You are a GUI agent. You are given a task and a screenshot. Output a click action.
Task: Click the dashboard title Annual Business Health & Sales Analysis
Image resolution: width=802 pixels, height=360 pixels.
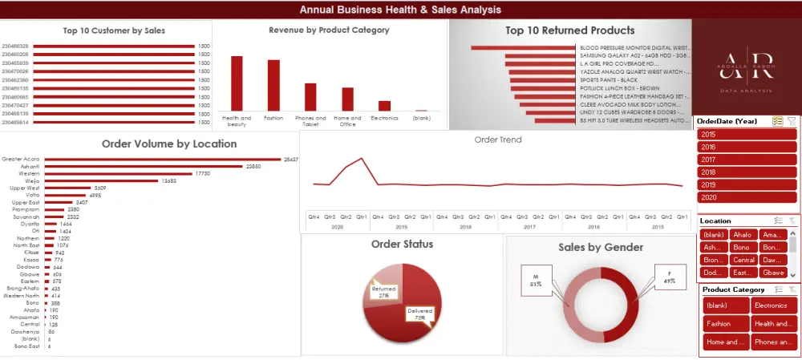tap(400, 10)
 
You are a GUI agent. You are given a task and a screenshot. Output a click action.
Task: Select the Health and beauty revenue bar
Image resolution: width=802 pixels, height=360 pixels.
tap(237, 83)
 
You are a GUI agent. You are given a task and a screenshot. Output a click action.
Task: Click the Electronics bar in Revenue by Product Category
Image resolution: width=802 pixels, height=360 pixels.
tap(384, 105)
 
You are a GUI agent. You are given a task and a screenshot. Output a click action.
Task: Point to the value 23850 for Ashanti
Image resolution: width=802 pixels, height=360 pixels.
tap(253, 167)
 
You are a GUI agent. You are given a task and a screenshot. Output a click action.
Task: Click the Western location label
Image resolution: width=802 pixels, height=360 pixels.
tap(29, 174)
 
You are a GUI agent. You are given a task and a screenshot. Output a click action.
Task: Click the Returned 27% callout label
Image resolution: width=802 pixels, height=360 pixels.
tap(383, 293)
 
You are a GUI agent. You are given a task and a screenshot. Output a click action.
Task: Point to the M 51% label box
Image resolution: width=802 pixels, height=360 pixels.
tap(535, 280)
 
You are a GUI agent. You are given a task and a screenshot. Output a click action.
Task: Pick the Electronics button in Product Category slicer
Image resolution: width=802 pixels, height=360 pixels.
tap(773, 305)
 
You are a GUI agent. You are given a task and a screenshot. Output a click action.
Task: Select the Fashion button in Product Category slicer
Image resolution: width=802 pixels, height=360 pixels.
tap(726, 324)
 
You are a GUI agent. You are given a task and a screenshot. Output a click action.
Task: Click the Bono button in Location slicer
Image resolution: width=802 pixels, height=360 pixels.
tap(741, 248)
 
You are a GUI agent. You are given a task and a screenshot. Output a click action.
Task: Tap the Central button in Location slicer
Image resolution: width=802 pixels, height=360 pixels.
tap(743, 260)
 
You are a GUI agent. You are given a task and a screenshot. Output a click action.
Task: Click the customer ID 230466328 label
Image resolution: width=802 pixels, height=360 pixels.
tap(15, 47)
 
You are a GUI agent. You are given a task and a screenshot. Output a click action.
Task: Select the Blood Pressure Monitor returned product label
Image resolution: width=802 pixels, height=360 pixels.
tap(634, 47)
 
